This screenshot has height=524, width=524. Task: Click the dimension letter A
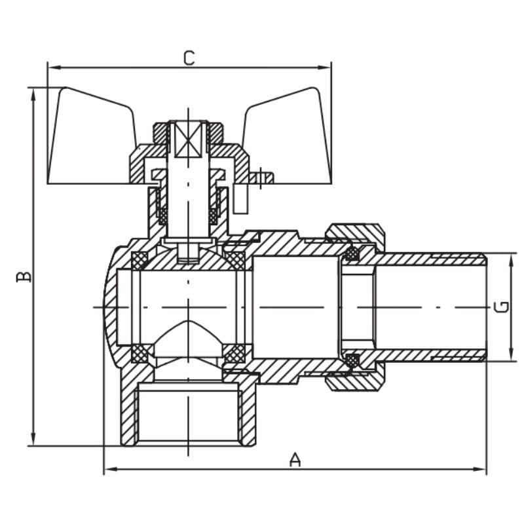tap(295, 459)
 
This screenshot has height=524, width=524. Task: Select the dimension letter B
tap(24, 276)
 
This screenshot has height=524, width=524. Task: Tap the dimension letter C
tap(189, 58)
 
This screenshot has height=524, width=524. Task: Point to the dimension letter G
tap(500, 307)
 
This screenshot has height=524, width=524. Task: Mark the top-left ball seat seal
tap(140, 261)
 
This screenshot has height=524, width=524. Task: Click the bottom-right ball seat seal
tap(234, 354)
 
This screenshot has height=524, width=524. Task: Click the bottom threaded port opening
tap(188, 413)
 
